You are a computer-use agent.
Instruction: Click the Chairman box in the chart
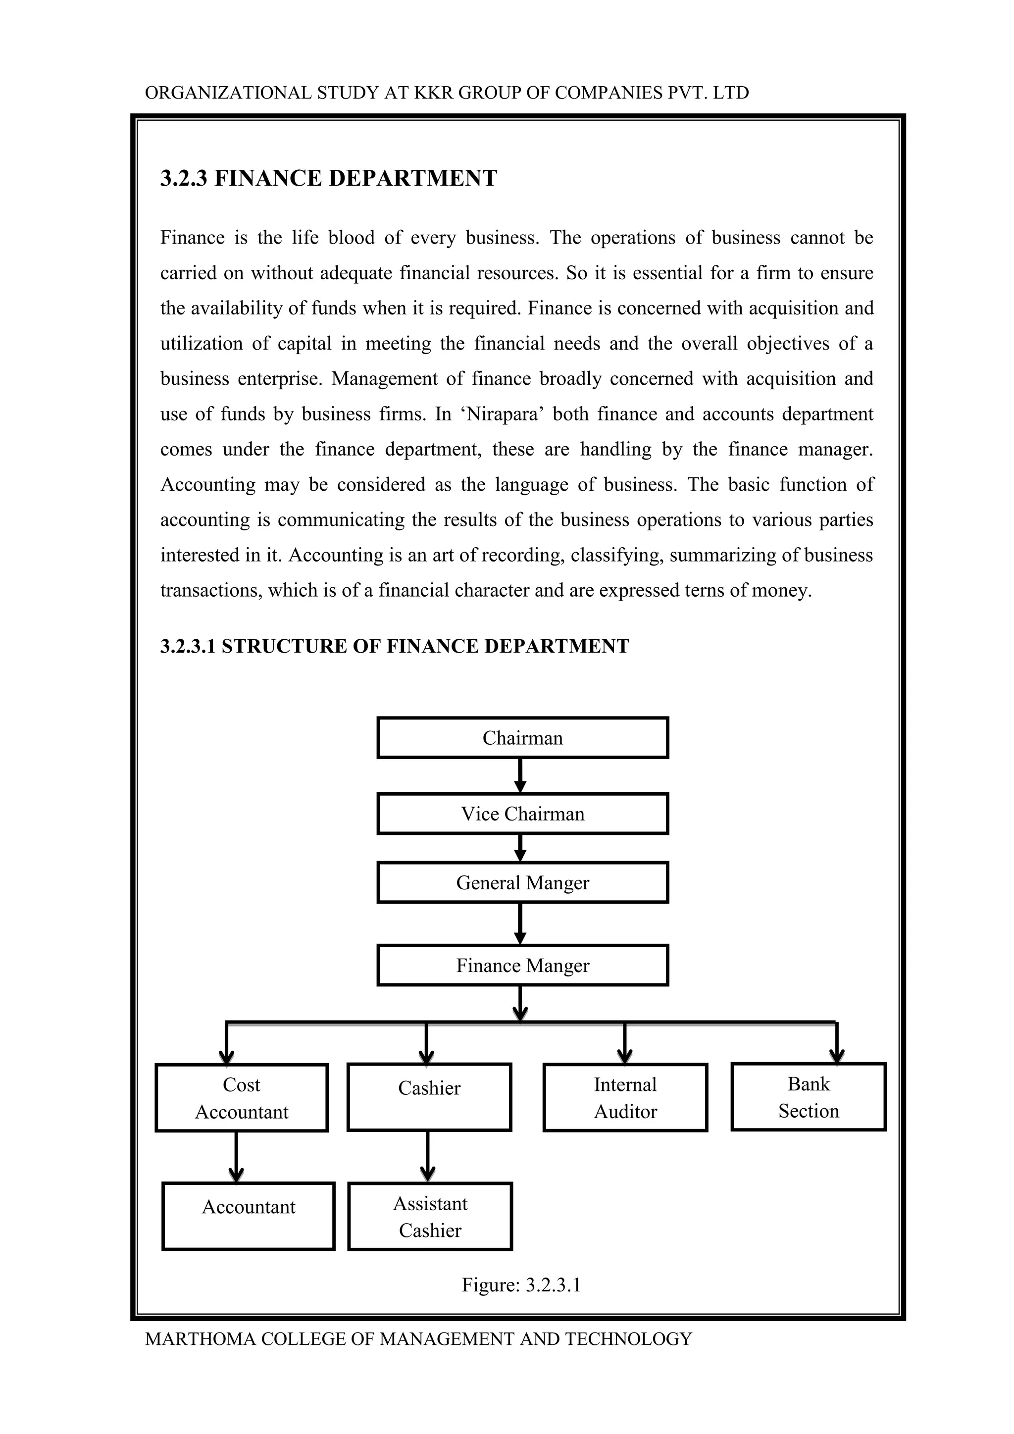click(523, 738)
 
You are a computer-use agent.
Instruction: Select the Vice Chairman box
click(523, 814)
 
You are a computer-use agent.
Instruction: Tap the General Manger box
click(523, 882)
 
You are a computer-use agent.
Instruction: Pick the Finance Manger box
click(523, 966)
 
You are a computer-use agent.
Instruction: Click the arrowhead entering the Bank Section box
click(837, 1056)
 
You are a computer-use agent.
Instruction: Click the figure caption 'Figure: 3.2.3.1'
click(521, 1285)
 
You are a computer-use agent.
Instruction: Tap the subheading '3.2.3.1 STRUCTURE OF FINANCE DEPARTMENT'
click(395, 646)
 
